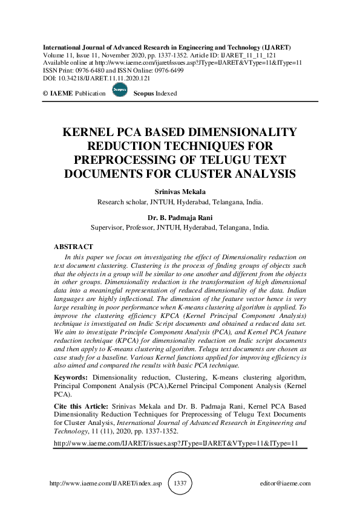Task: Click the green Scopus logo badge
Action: coord(120,90)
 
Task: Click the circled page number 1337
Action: coord(180,484)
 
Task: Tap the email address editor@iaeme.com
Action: coord(284,484)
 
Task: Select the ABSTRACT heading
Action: coord(73,247)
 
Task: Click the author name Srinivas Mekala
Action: coord(180,192)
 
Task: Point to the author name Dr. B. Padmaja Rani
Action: coord(180,218)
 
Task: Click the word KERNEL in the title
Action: coord(90,133)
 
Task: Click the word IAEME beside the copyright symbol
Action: coord(62,94)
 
